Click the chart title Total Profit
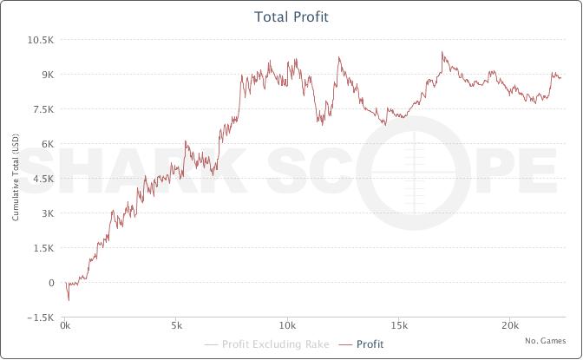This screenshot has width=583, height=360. [291, 16]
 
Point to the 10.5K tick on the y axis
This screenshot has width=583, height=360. [41, 40]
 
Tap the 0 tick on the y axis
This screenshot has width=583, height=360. [51, 283]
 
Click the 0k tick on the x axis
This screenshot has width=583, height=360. [66, 326]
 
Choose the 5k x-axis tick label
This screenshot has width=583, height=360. [176, 326]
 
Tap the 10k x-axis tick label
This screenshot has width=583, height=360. [287, 326]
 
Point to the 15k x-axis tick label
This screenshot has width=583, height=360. [398, 326]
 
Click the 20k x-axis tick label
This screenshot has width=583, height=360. [509, 326]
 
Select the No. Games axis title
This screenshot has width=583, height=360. [545, 341]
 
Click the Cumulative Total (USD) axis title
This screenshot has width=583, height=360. [16, 179]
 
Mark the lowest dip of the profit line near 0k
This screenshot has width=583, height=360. [69, 300]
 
